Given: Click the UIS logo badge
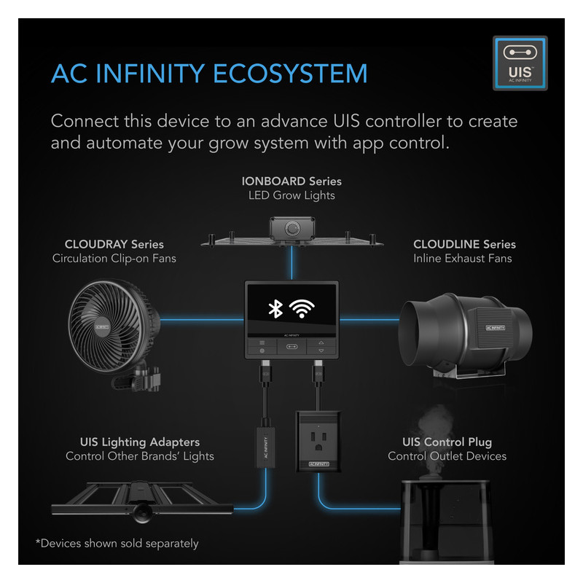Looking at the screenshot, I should [520, 63].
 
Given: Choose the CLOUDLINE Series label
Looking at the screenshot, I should [464, 244].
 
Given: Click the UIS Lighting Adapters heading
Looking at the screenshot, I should [140, 442].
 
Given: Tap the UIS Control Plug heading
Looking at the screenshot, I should [447, 442].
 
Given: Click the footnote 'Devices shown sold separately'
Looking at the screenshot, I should [117, 543].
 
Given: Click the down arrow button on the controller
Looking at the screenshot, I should [321, 351].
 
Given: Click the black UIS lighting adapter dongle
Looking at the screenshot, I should [263, 448].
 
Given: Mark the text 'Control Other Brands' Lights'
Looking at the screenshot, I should [140, 457].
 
